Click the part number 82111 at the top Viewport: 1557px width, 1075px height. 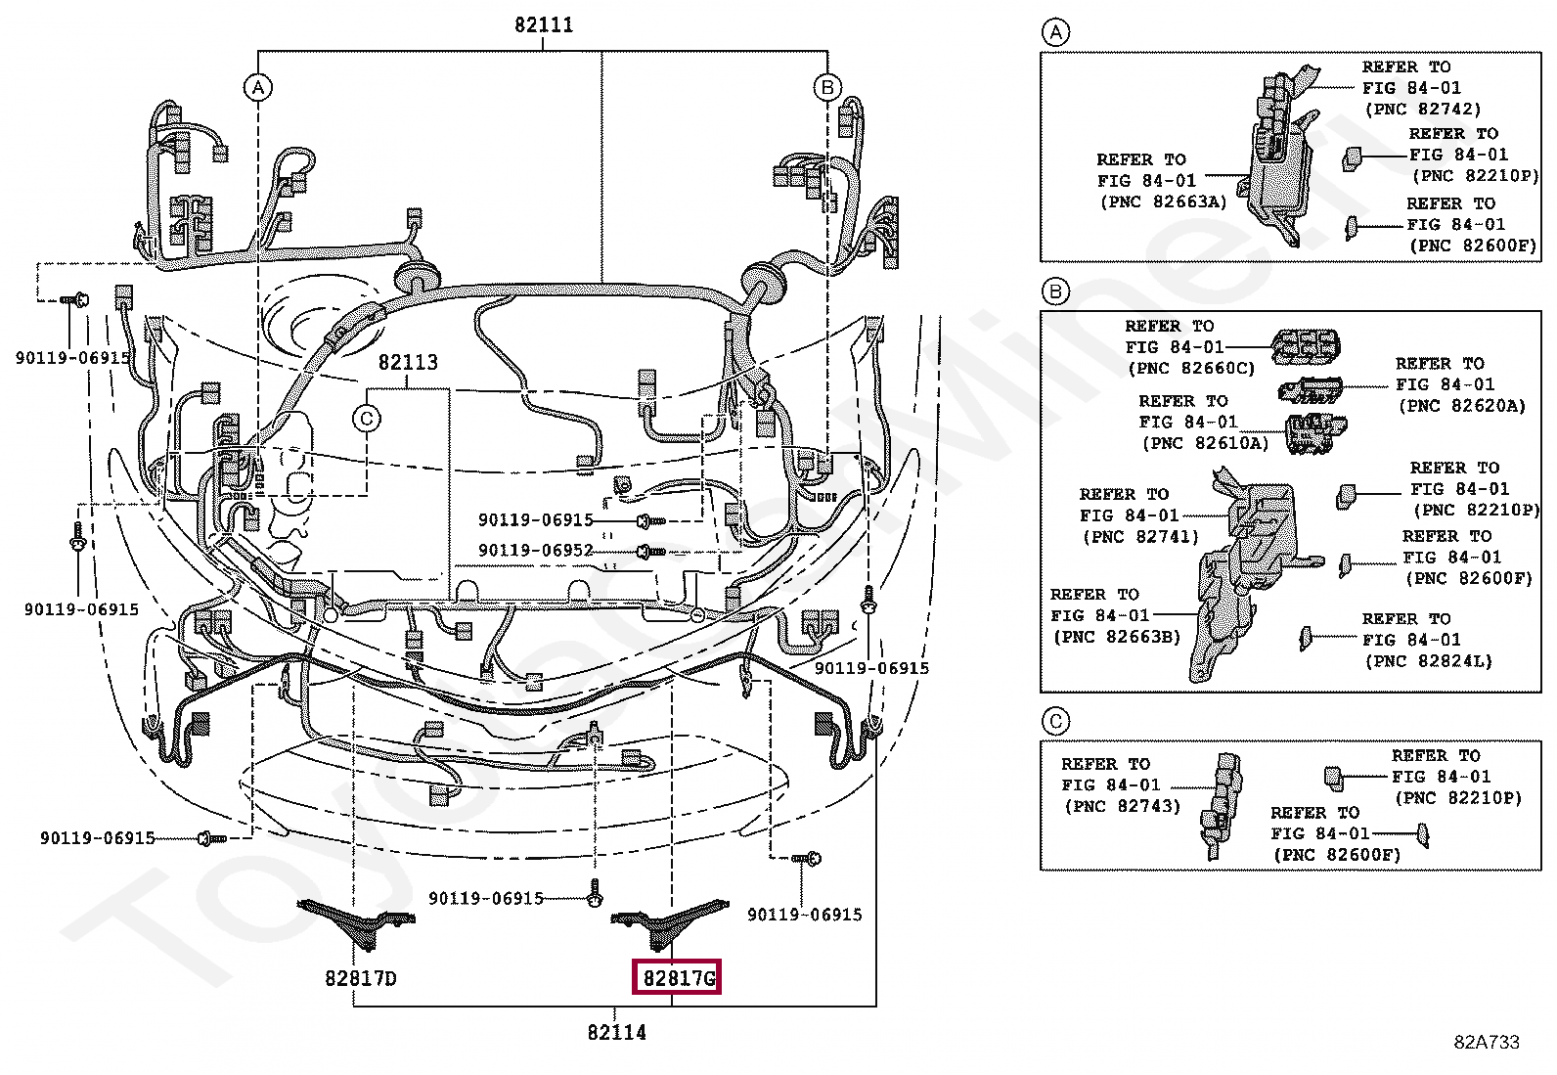[544, 24]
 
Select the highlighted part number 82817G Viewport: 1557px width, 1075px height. [678, 977]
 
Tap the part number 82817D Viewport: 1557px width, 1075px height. [361, 977]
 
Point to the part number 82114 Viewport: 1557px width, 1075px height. [616, 1032]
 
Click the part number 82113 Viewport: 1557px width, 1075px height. [408, 362]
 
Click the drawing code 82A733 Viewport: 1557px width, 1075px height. [1486, 1042]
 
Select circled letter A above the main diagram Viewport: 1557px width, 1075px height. [257, 88]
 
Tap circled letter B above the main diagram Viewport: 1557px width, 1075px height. [827, 88]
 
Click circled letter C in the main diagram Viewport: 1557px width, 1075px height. [366, 419]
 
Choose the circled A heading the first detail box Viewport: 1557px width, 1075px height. [1054, 34]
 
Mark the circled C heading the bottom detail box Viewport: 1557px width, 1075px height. [1054, 723]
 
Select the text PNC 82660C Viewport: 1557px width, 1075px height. [1190, 369]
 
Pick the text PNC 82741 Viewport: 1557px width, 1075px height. [1140, 537]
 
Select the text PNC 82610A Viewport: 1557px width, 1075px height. [1204, 443]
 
